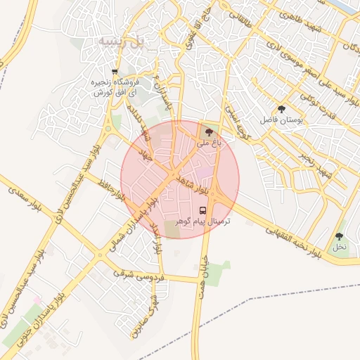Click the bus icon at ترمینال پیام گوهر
tap(203, 210)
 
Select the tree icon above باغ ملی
tap(208, 131)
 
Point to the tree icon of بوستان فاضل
tap(282, 110)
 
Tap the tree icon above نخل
tap(340, 237)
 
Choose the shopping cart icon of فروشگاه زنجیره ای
tap(115, 72)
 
